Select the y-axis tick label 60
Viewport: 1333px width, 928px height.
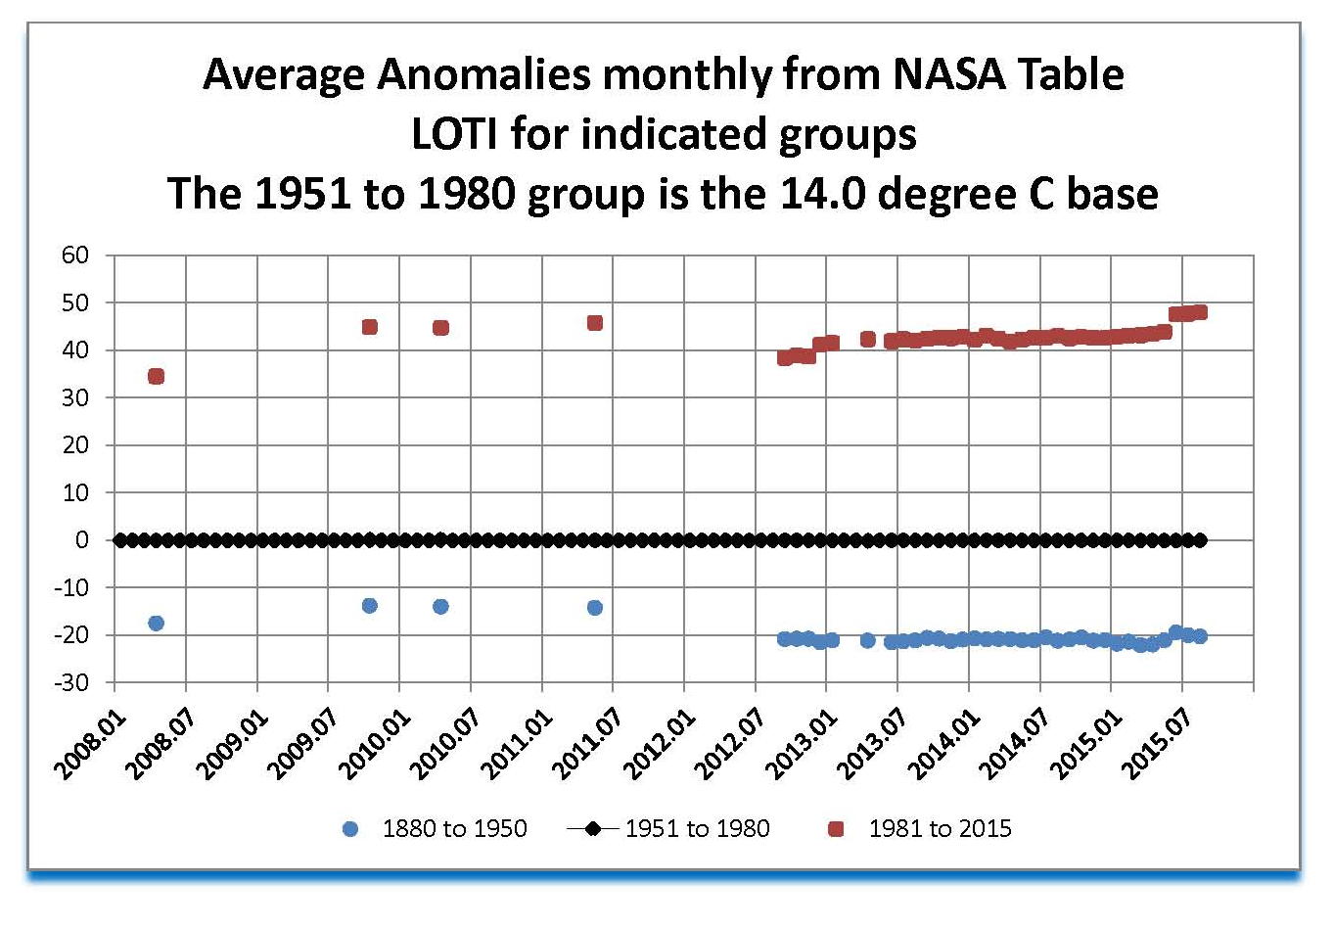tap(75, 255)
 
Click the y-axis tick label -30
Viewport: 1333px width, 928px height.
tap(70, 682)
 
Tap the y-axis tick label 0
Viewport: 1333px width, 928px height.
tap(82, 540)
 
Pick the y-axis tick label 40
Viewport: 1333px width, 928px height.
tap(75, 350)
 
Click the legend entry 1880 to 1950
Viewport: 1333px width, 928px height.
tap(454, 829)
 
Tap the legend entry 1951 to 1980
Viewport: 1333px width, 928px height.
tap(697, 829)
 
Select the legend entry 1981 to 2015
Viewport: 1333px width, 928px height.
tap(940, 829)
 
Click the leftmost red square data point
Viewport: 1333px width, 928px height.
tap(156, 376)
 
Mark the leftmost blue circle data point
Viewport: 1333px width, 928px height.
tap(156, 623)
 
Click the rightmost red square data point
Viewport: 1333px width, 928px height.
tap(1200, 312)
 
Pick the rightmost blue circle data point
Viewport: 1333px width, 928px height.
tap(1200, 636)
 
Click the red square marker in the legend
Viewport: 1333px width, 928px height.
tap(836, 829)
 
